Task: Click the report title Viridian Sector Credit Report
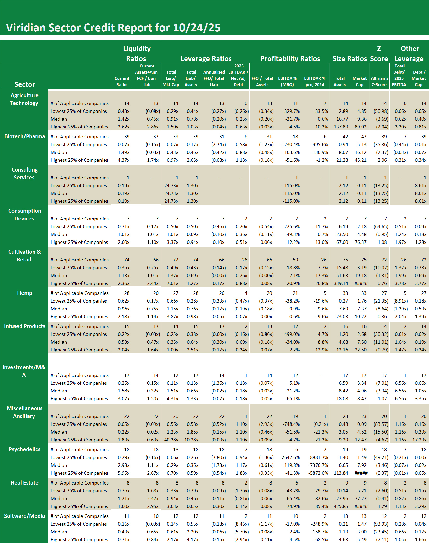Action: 113,28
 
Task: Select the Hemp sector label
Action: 24,293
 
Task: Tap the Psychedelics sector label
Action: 24,449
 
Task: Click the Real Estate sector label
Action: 24,483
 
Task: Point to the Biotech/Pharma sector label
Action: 24,136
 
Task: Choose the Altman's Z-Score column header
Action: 379,81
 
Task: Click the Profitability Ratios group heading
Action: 290,59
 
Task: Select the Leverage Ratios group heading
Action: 206,59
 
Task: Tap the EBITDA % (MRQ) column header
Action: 287,81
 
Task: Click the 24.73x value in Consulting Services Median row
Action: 171,193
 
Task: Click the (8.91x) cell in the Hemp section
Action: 400,301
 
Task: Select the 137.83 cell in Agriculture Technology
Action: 340,127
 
